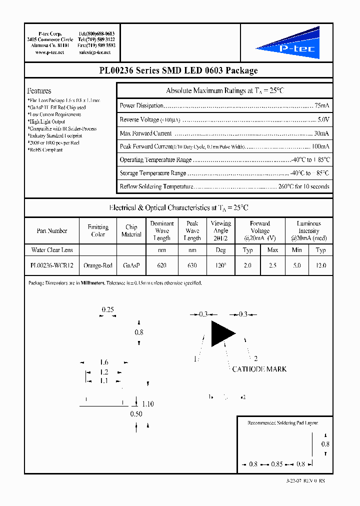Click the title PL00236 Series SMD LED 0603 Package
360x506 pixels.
pyautogui.click(x=178, y=70)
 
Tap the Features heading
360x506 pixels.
pyautogui.click(x=39, y=91)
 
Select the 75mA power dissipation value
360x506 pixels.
pyautogui.click(x=321, y=106)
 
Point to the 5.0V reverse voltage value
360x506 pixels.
pyautogui.click(x=323, y=119)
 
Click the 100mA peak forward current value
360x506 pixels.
pyautogui.click(x=320, y=146)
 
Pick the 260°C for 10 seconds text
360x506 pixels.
pyautogui.click(x=304, y=186)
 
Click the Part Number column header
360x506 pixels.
pyautogui.click(x=52, y=231)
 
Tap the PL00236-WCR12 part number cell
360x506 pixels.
pyautogui.click(x=52, y=265)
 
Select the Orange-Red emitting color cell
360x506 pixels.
pyautogui.click(x=98, y=265)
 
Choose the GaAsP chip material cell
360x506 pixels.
pyautogui.click(x=131, y=265)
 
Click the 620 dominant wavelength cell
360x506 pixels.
pyautogui.click(x=161, y=265)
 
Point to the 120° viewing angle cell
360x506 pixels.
pyautogui.click(x=220, y=265)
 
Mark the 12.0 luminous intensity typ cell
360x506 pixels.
pyautogui.click(x=321, y=265)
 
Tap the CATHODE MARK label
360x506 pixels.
pyautogui.click(x=259, y=369)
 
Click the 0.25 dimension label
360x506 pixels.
pyautogui.click(x=107, y=310)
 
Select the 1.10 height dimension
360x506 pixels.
pyautogui.click(x=148, y=404)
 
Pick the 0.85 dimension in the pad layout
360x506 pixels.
pyautogui.click(x=277, y=464)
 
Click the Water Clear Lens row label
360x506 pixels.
pyautogui.click(x=52, y=250)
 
